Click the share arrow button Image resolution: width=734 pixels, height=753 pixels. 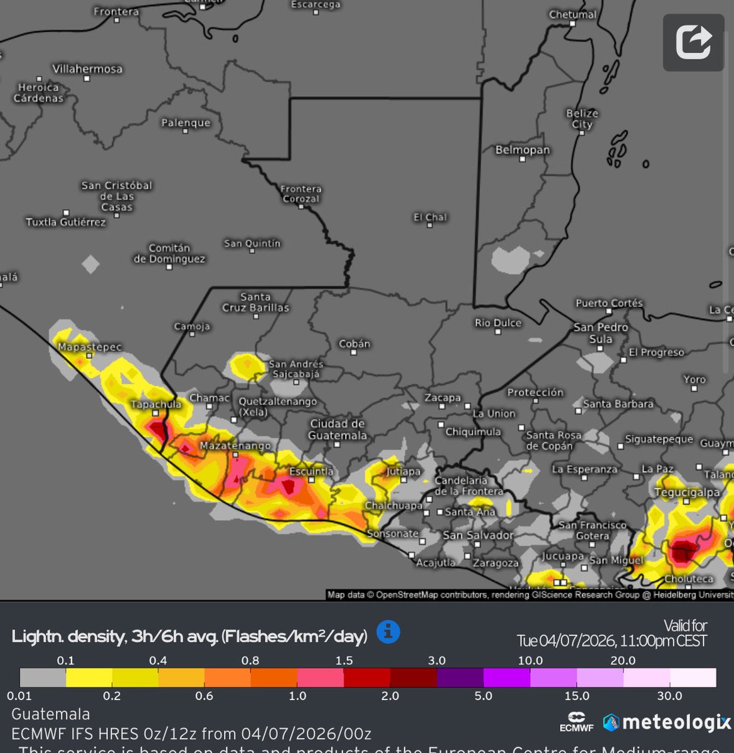click(x=693, y=43)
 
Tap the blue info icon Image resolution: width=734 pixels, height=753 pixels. click(x=388, y=631)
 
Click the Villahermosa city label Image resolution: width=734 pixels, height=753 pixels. click(x=87, y=69)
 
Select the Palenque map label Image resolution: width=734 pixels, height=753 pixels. click(x=186, y=123)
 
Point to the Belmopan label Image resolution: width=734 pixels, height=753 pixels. click(x=522, y=150)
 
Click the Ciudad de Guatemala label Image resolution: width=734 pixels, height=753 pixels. click(x=338, y=429)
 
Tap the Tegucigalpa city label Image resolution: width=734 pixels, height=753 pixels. click(x=687, y=493)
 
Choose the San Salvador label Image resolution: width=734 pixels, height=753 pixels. click(x=478, y=535)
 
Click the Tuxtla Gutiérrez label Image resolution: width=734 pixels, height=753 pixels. click(x=66, y=222)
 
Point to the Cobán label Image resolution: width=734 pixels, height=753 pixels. click(x=354, y=344)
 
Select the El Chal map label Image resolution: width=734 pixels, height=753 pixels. click(x=430, y=217)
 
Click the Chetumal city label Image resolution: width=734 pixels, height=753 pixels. click(x=573, y=14)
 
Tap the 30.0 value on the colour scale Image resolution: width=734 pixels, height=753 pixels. click(x=669, y=696)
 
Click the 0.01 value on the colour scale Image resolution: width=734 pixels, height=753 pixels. click(x=19, y=696)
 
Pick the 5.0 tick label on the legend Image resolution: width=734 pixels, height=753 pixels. click(x=483, y=696)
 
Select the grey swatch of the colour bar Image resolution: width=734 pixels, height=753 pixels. click(x=43, y=678)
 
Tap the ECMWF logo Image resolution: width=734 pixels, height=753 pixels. click(x=576, y=722)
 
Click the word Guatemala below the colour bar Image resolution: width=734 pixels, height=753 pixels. click(x=51, y=714)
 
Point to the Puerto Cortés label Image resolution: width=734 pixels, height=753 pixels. click(x=609, y=303)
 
